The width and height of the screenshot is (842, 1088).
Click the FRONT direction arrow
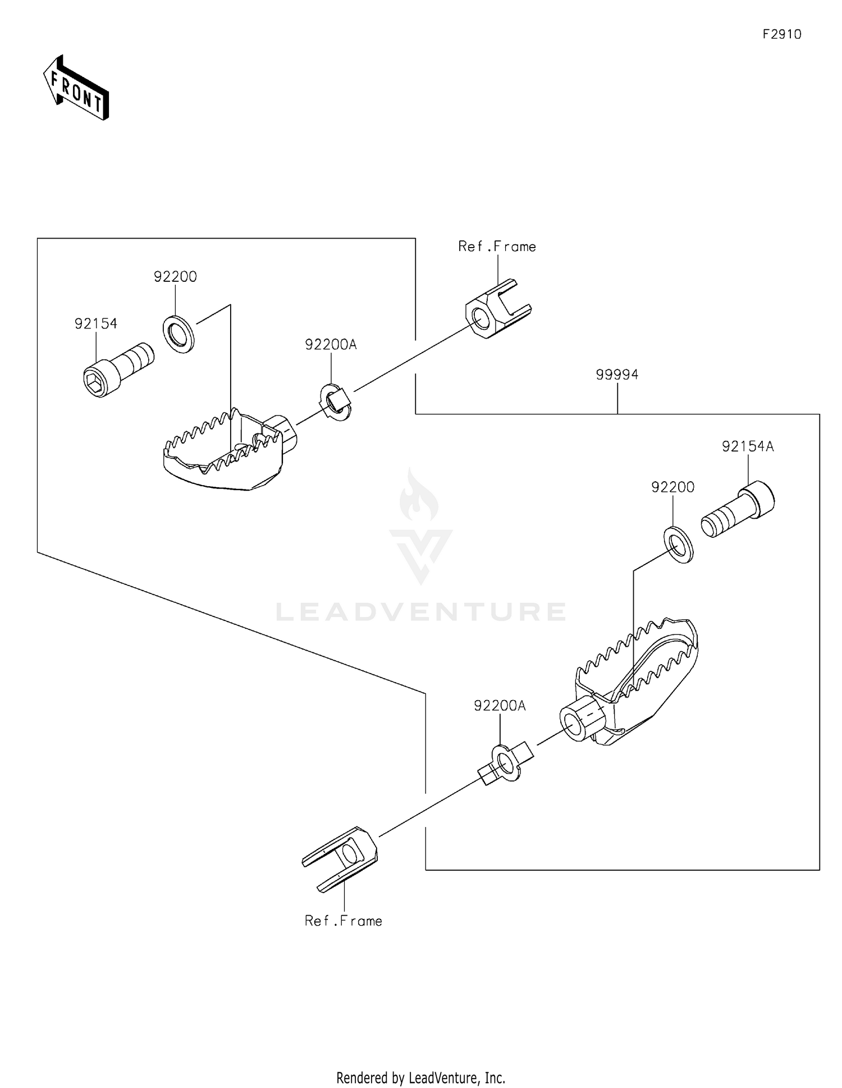pyautogui.click(x=76, y=88)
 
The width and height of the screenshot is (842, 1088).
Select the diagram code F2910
pyautogui.click(x=782, y=34)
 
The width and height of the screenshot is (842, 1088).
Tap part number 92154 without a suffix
pyautogui.click(x=96, y=323)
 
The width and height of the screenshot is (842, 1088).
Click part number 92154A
pyautogui.click(x=748, y=446)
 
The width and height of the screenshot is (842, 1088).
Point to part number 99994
pyautogui.click(x=617, y=374)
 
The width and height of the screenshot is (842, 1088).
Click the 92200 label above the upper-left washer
pyautogui.click(x=175, y=276)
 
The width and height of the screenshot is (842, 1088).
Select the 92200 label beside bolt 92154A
pyautogui.click(x=672, y=487)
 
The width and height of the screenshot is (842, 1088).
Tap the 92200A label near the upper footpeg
pyautogui.click(x=331, y=344)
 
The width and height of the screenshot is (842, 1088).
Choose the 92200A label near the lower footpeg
pyautogui.click(x=500, y=706)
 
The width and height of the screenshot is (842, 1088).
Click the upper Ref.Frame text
pyautogui.click(x=497, y=246)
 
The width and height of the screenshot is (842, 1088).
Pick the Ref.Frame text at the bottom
pyautogui.click(x=344, y=921)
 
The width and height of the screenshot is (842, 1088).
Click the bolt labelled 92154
pyautogui.click(x=118, y=370)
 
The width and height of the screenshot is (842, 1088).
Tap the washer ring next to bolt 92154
pyautogui.click(x=179, y=335)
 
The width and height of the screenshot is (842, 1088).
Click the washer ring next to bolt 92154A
pyautogui.click(x=679, y=545)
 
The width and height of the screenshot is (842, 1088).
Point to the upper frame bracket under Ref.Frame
pyautogui.click(x=498, y=309)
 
